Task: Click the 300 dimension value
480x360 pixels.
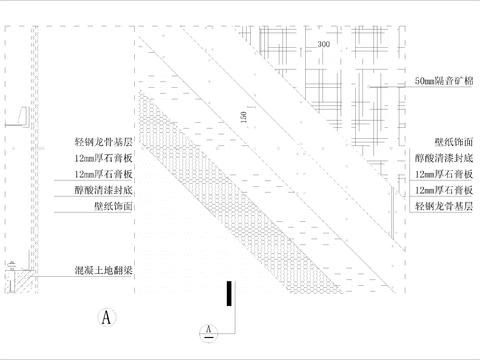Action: coord(323,46)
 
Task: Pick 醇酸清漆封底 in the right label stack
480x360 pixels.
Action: coord(444,158)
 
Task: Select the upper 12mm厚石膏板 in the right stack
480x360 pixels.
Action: coord(444,173)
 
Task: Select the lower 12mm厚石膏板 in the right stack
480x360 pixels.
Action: coord(444,188)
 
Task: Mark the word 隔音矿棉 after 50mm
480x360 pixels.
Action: coord(454,80)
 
